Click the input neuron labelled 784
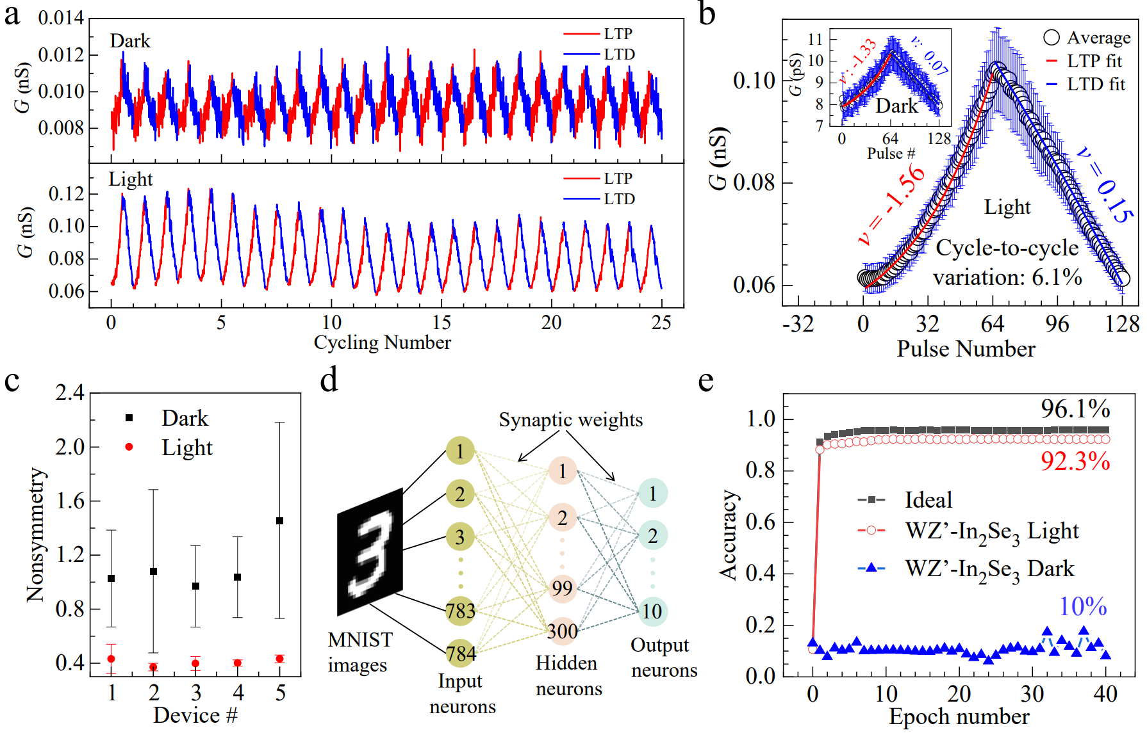[461, 654]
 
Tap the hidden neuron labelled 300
[562, 631]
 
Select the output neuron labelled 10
[652, 611]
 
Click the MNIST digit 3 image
[370, 552]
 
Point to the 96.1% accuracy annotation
[1075, 408]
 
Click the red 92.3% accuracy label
[1075, 461]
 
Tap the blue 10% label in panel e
[1082, 606]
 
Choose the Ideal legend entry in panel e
[928, 499]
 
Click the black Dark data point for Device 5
[280, 520]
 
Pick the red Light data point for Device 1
[111, 659]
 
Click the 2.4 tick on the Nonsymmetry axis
[70, 392]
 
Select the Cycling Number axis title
[382, 342]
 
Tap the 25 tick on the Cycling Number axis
[661, 323]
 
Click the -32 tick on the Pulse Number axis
[798, 324]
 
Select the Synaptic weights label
[570, 420]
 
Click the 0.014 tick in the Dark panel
[61, 18]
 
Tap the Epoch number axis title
[959, 717]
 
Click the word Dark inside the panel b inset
[897, 106]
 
